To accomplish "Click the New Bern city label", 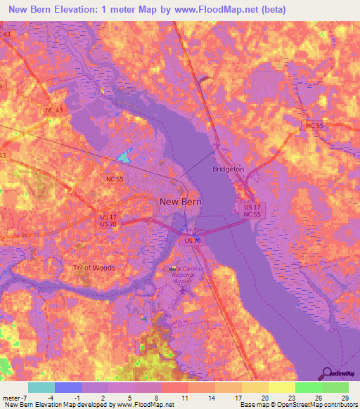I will click(x=181, y=202).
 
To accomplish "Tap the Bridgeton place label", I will click(x=229, y=169).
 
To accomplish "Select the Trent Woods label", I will click(x=94, y=268).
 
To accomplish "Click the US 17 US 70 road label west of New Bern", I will click(x=108, y=220).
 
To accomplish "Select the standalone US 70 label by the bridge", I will click(x=193, y=241).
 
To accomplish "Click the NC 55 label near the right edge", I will click(x=314, y=125).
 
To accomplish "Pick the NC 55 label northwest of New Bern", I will click(x=115, y=180).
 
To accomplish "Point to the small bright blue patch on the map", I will click(x=124, y=156).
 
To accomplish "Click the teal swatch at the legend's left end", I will click(x=41, y=387).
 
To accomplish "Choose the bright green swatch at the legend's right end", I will click(x=335, y=387).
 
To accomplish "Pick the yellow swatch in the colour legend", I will click(x=281, y=387).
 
